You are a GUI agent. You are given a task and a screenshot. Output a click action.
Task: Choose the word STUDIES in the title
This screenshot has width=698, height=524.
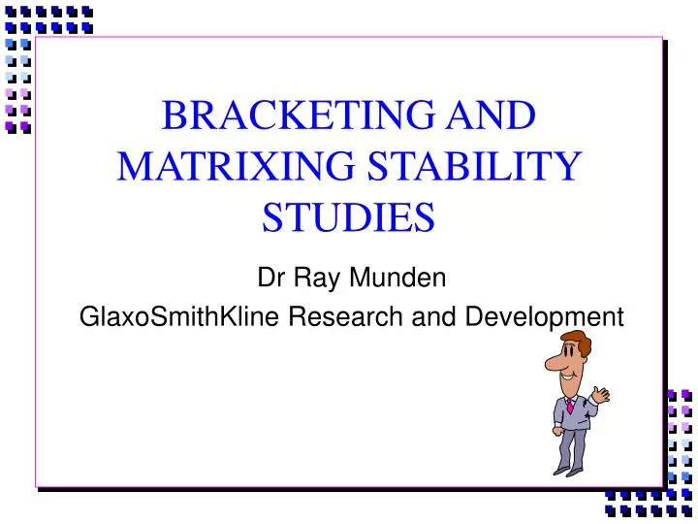tap(348, 216)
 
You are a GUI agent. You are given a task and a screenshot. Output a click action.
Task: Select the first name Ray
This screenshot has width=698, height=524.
tap(313, 278)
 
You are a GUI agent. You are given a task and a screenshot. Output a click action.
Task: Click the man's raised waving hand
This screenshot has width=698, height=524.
tap(601, 394)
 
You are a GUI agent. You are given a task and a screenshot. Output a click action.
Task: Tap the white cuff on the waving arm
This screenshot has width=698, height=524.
tap(594, 404)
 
